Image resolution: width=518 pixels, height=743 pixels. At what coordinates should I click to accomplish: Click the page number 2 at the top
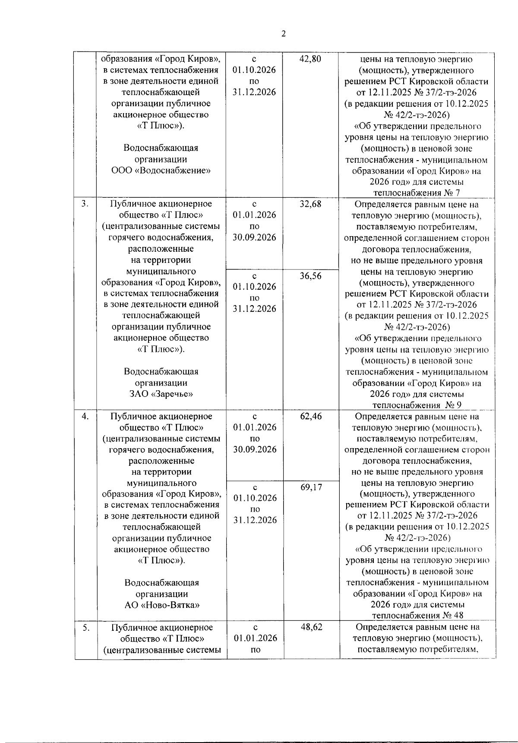pos(284,34)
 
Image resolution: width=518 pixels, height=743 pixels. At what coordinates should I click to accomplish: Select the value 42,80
pos(310,59)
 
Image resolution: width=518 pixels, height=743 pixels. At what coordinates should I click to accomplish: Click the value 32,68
pos(310,204)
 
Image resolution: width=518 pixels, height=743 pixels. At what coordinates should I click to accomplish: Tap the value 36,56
pos(310,276)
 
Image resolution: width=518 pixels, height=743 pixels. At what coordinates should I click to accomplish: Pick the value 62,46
pos(311,417)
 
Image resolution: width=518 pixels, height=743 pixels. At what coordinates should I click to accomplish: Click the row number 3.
pos(85,204)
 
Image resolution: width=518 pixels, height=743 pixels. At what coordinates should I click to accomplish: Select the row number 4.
pos(85,416)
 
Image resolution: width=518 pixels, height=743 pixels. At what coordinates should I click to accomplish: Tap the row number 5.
pos(86,627)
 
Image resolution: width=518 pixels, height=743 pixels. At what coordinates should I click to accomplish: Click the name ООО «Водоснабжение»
pos(161,171)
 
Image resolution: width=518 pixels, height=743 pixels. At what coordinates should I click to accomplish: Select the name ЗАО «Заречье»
pos(161,394)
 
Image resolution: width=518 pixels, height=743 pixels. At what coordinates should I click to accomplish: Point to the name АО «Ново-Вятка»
pos(162,605)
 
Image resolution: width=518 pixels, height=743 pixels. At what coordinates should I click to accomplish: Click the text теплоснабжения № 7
pos(417,193)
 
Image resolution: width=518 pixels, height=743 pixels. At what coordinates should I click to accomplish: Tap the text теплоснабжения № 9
pos(417,405)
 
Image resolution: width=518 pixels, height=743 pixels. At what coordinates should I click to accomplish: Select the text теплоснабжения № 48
pos(417,616)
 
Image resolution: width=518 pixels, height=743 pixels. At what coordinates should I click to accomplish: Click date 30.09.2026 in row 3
pos(254,237)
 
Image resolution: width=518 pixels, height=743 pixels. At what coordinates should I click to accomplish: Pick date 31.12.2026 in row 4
pos(255,520)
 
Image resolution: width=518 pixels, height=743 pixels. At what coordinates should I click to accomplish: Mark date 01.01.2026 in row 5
pos(255,638)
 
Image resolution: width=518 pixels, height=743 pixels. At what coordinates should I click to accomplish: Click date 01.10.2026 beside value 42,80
pos(254,70)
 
